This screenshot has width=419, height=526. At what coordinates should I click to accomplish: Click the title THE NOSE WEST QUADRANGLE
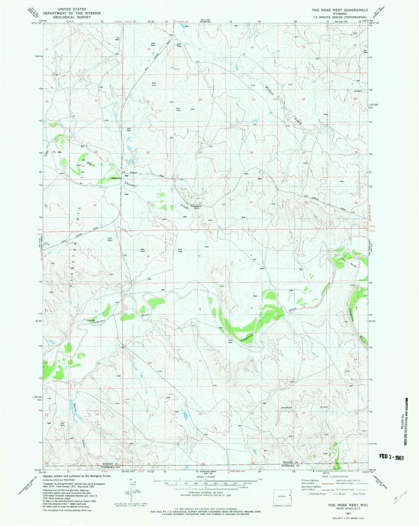coord(340,10)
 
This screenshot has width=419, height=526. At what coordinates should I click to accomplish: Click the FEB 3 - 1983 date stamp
coord(391,457)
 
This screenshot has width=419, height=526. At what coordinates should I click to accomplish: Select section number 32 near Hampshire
coord(200,203)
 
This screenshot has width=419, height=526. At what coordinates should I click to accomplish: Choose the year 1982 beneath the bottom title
coord(348,513)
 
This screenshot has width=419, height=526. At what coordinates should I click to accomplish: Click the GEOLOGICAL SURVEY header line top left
coord(72,17)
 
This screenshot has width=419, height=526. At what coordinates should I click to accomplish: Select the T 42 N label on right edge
coord(371,226)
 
